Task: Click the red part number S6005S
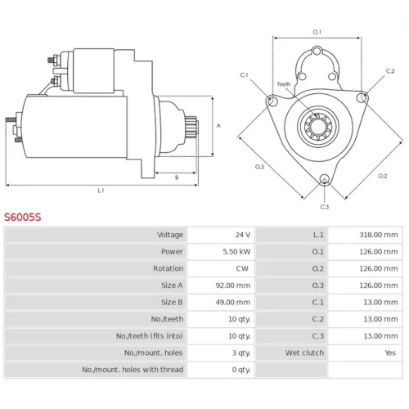tap(23, 218)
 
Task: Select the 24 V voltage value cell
tap(243, 235)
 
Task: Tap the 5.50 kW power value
tap(236, 252)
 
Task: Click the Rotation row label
tap(168, 268)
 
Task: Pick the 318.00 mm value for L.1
tap(379, 235)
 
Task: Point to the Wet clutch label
tap(304, 353)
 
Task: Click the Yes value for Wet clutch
tap(390, 353)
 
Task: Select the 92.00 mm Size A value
tap(233, 285)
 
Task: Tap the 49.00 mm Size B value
tap(233, 303)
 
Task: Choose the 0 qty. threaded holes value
tap(241, 370)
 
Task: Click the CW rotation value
tap(242, 268)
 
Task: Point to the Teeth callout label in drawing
tap(284, 84)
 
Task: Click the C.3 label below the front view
tap(325, 207)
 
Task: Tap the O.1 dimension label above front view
tap(317, 32)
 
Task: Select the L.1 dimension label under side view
tap(101, 191)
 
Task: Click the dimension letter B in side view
tap(177, 178)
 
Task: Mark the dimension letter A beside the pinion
tap(218, 126)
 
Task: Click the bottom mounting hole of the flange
tap(325, 179)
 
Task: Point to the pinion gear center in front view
tap(318, 127)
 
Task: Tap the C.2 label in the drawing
tap(390, 71)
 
